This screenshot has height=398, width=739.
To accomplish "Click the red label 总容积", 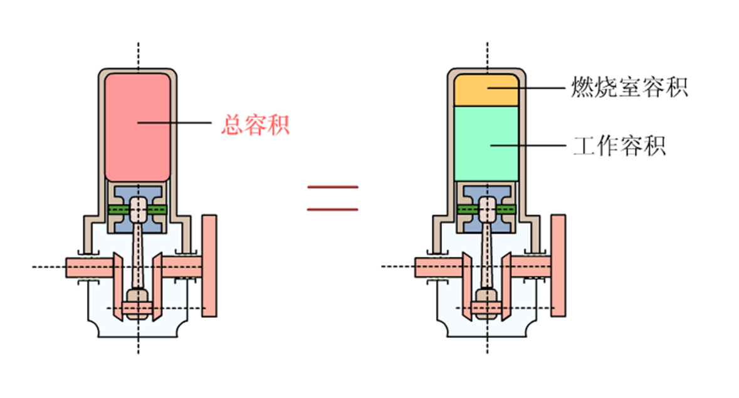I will (254, 124).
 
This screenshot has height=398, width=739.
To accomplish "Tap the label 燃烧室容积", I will (629, 87).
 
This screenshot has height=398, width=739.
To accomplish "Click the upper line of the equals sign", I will (332, 187).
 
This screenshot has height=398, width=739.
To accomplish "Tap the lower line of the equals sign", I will (332, 209).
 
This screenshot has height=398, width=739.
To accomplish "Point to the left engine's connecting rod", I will (139, 257).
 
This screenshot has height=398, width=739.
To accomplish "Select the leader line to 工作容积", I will (533, 146).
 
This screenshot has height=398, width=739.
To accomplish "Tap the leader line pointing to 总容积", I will (182, 123).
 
